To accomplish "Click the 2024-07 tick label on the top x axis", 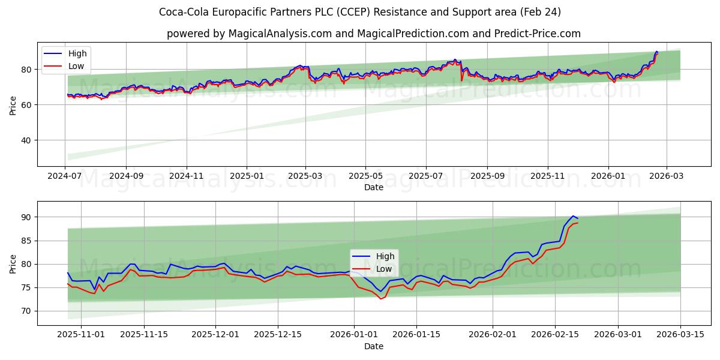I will pos(65,176).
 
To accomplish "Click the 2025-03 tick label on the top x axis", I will pos(305,176).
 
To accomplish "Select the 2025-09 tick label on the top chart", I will pos(487,176).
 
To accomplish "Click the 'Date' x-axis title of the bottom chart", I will pos(373,346).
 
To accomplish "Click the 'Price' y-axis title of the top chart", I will pos(13,104).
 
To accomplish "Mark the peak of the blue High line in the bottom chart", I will pos(573,216).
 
